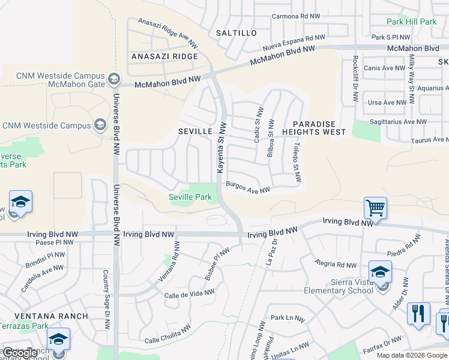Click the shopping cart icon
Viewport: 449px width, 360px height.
click(375, 208)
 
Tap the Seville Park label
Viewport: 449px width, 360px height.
click(190, 197)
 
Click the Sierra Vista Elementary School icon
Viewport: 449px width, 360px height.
click(379, 271)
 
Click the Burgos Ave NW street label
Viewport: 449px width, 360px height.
click(248, 188)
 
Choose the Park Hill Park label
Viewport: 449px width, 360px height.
click(412, 22)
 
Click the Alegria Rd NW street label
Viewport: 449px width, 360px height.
click(336, 264)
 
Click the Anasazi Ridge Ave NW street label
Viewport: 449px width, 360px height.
click(167, 32)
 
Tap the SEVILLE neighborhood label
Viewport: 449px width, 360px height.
click(196, 131)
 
